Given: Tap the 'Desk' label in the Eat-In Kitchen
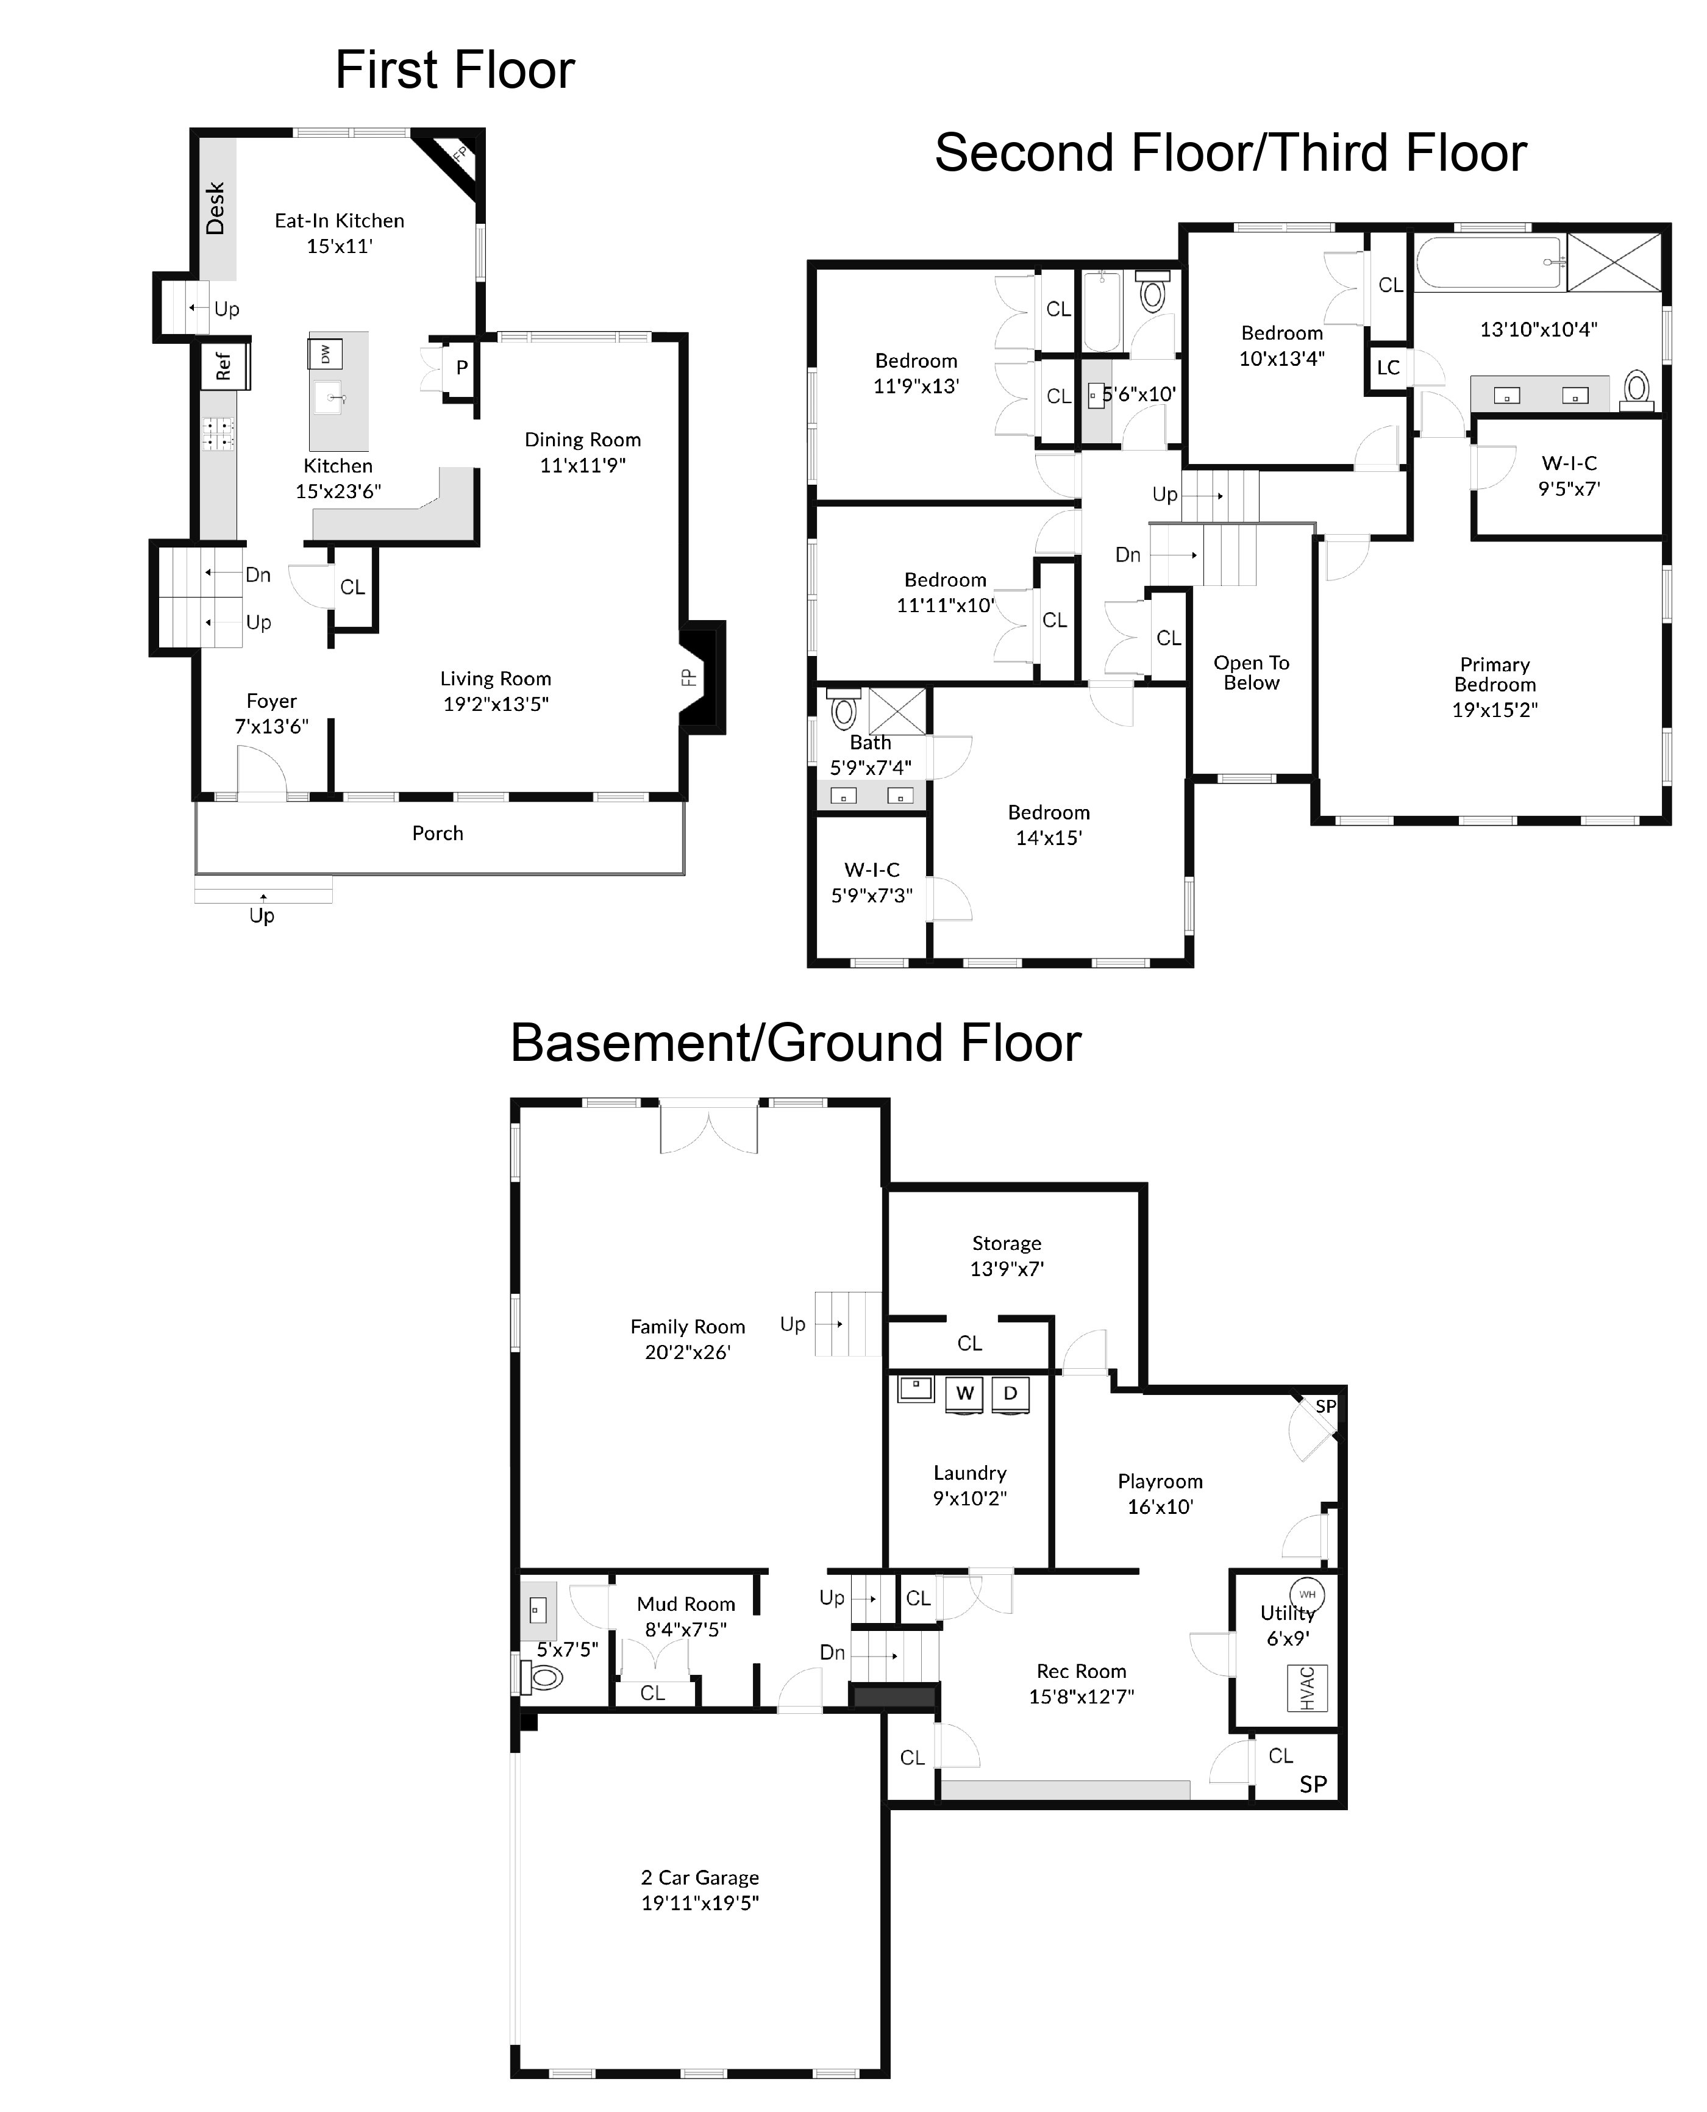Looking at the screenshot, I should click(x=215, y=209).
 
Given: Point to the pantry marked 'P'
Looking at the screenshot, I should click(x=461, y=368).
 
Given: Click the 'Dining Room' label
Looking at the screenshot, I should click(x=582, y=440).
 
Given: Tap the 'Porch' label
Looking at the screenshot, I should click(x=438, y=833).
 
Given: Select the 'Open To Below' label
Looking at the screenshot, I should click(x=1251, y=672).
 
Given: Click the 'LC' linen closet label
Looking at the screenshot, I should click(x=1388, y=368).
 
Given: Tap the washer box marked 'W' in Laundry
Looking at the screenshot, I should click(x=964, y=1393).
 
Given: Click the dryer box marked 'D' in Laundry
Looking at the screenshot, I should click(x=1010, y=1393).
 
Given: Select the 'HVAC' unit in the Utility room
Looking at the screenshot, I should click(x=1307, y=1688).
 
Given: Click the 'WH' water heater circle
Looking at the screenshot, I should click(x=1307, y=1595).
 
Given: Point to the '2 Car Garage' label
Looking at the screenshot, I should click(x=699, y=1877).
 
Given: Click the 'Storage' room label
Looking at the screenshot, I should click(x=1006, y=1243).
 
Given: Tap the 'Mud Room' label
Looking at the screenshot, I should click(x=685, y=1604).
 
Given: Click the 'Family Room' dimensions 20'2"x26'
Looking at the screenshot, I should click(x=687, y=1352).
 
